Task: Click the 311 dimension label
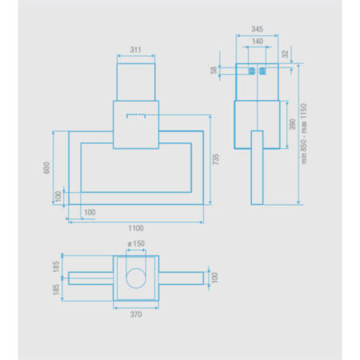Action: pyautogui.click(x=135, y=50)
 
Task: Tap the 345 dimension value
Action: pyautogui.click(x=257, y=29)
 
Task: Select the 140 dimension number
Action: pyautogui.click(x=258, y=42)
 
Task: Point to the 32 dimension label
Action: pyautogui.click(x=285, y=54)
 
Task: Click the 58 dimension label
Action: pyautogui.click(x=214, y=70)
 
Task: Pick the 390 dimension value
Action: pyautogui.click(x=293, y=125)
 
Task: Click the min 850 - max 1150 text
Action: pyautogui.click(x=304, y=134)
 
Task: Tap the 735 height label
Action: pyautogui.click(x=215, y=159)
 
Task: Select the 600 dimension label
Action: pyautogui.click(x=46, y=168)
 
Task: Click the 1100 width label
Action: pyautogui.click(x=136, y=228)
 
